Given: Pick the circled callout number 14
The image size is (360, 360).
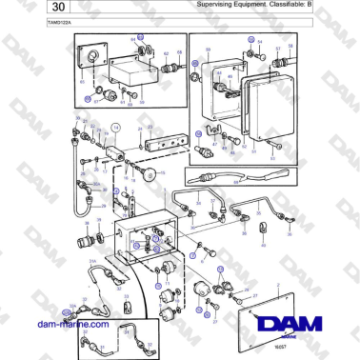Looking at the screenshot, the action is (x=116, y=126).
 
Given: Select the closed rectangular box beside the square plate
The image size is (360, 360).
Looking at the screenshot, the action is (x=133, y=70).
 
